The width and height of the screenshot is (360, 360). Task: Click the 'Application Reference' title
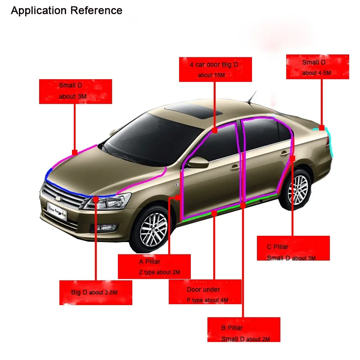coord(67,10)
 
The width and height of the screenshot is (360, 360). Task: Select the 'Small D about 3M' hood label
coord(75,91)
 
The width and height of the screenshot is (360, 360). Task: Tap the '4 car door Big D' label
coord(215,69)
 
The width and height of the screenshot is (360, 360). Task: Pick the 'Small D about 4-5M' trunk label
coord(317,67)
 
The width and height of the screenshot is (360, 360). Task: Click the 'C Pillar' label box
coord(293,248)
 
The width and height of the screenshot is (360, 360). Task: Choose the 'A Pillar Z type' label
coord(154,266)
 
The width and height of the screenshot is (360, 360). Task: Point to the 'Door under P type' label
coord(205,292)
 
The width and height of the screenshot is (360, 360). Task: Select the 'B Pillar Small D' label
coord(243,329)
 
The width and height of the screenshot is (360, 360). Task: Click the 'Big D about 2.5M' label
coord(96,292)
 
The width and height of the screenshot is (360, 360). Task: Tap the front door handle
coord(234,168)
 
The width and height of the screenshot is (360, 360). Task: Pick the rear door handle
coord(284,154)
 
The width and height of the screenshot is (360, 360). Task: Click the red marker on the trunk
coord(322,128)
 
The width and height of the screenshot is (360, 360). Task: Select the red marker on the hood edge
coord(75,153)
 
